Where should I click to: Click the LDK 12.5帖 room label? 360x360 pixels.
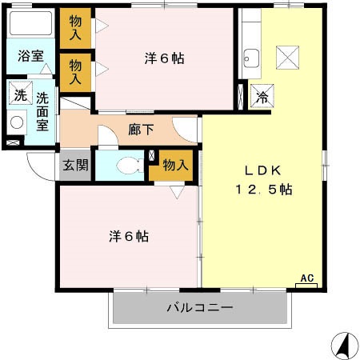coord(262,181)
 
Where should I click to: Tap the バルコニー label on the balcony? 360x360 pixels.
coord(199,307)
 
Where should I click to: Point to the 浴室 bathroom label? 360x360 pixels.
coord(31,58)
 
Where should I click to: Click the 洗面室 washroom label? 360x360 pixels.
coord(42,110)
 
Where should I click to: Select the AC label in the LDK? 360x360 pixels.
coord(306,278)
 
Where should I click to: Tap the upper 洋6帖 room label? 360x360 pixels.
coord(164,58)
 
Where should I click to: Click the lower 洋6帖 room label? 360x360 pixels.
coord(129,237)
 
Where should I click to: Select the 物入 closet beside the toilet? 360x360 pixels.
coord(175,166)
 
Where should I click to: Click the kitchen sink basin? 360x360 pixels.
coord(251,57)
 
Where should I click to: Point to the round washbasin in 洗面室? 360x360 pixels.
coord(17,123)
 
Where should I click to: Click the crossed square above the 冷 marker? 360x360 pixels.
coord(287,57)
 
